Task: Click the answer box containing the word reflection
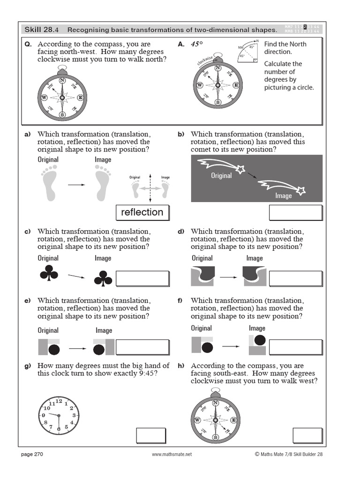coord(142,212)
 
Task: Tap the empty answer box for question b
coord(295,212)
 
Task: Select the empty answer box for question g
coord(151,435)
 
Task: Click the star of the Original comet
coord(240,169)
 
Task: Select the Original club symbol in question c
coord(49,274)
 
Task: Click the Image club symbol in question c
coord(103,278)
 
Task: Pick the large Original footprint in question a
coord(48,185)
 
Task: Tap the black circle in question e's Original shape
coord(55,349)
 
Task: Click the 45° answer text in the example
coord(197,45)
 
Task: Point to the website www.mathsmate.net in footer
coord(172,454)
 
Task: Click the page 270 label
coord(32,454)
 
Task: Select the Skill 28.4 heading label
coord(42,30)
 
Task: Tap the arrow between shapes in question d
coord(229,277)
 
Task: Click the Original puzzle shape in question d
coord(203,276)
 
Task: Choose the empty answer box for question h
coord(307,435)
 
